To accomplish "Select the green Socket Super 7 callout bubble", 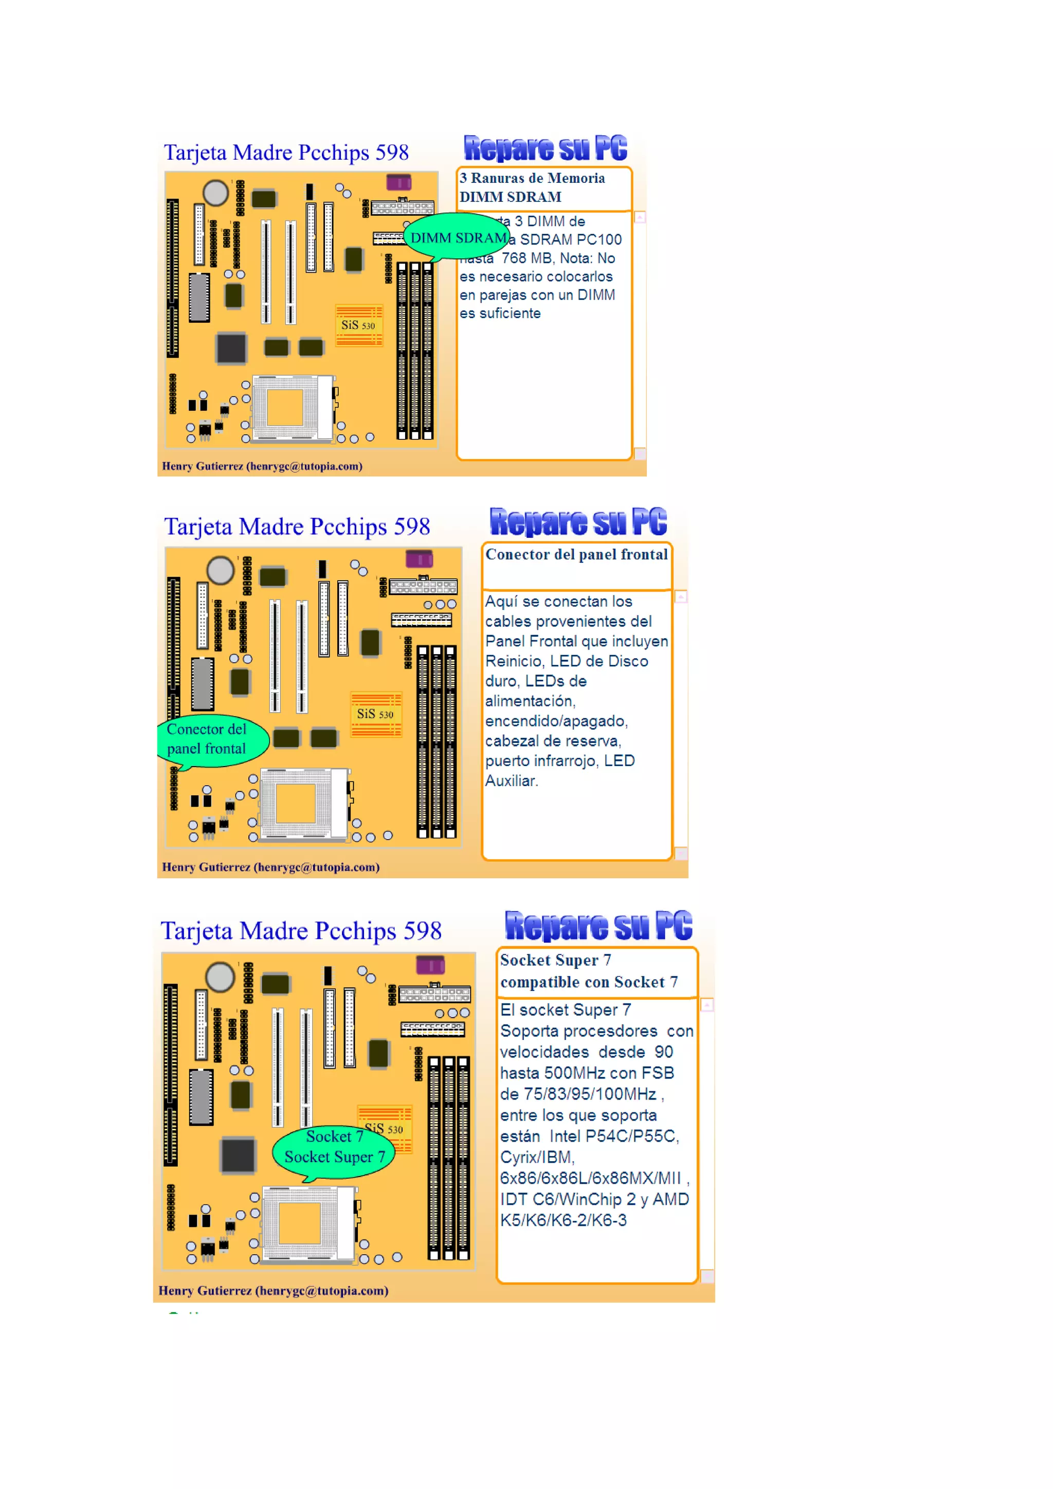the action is pyautogui.click(x=334, y=1147).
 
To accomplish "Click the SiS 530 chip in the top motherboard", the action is pyautogui.click(x=358, y=325).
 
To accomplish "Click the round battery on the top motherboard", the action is pyautogui.click(x=215, y=193).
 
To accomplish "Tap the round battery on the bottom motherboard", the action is pyautogui.click(x=220, y=977).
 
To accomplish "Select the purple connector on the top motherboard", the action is pyautogui.click(x=398, y=182).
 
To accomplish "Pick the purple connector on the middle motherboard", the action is pyautogui.click(x=419, y=559).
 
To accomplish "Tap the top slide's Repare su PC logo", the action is pyautogui.click(x=545, y=148).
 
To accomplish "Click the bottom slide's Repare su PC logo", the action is pyautogui.click(x=598, y=925).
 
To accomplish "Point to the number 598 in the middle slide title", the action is pyautogui.click(x=412, y=526).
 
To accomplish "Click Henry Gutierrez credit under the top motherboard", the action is pyautogui.click(x=262, y=466).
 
